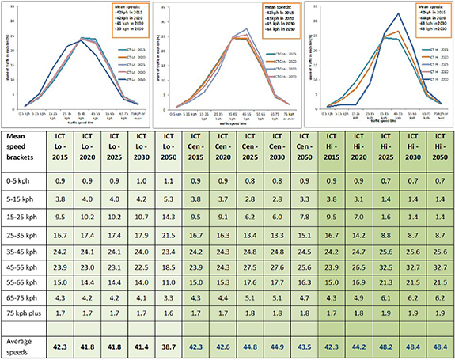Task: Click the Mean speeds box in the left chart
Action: pos(116,17)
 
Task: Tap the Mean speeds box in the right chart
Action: pos(417,18)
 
